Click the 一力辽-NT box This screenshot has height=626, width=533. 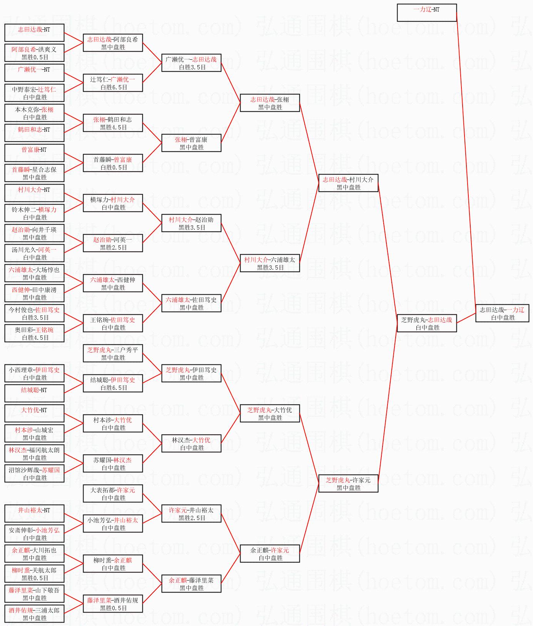click(x=427, y=13)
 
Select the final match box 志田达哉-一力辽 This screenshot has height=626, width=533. click(x=502, y=313)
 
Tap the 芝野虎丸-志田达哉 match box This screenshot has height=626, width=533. click(x=427, y=323)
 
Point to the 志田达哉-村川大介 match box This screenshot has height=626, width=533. click(x=348, y=183)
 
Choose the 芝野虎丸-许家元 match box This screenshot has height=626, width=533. click(x=348, y=483)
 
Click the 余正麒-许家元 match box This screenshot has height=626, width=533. click(x=270, y=554)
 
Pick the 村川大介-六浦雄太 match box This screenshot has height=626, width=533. click(x=270, y=263)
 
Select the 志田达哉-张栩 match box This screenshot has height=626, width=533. click(x=270, y=103)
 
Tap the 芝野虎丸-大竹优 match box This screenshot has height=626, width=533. click(x=270, y=413)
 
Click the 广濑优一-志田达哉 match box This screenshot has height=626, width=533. click(x=191, y=63)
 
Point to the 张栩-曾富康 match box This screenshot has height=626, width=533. click(x=191, y=143)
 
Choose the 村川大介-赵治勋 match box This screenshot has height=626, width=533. click(x=191, y=223)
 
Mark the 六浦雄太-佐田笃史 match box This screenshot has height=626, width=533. click(x=191, y=303)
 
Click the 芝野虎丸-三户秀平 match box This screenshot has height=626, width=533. click(x=113, y=353)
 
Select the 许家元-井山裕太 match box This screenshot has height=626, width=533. click(x=191, y=514)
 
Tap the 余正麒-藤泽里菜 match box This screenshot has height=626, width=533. click(x=191, y=584)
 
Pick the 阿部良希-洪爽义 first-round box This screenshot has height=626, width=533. click(x=34, y=53)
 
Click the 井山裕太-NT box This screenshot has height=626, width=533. click(x=34, y=514)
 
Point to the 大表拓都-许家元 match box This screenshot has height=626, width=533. click(x=113, y=493)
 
